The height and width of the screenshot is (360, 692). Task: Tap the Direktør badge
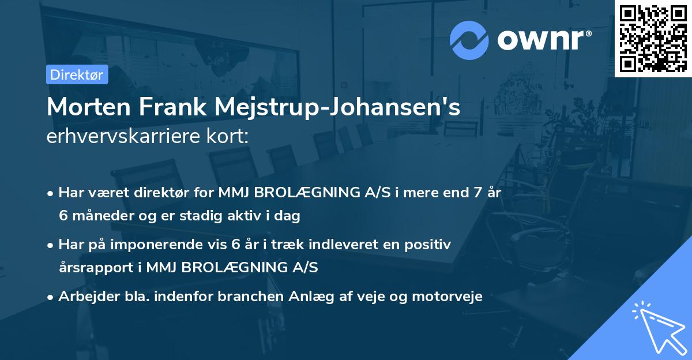coord(77,74)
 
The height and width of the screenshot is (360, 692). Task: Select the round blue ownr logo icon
coord(470,40)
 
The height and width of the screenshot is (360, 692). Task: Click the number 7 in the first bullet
coord(477,193)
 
